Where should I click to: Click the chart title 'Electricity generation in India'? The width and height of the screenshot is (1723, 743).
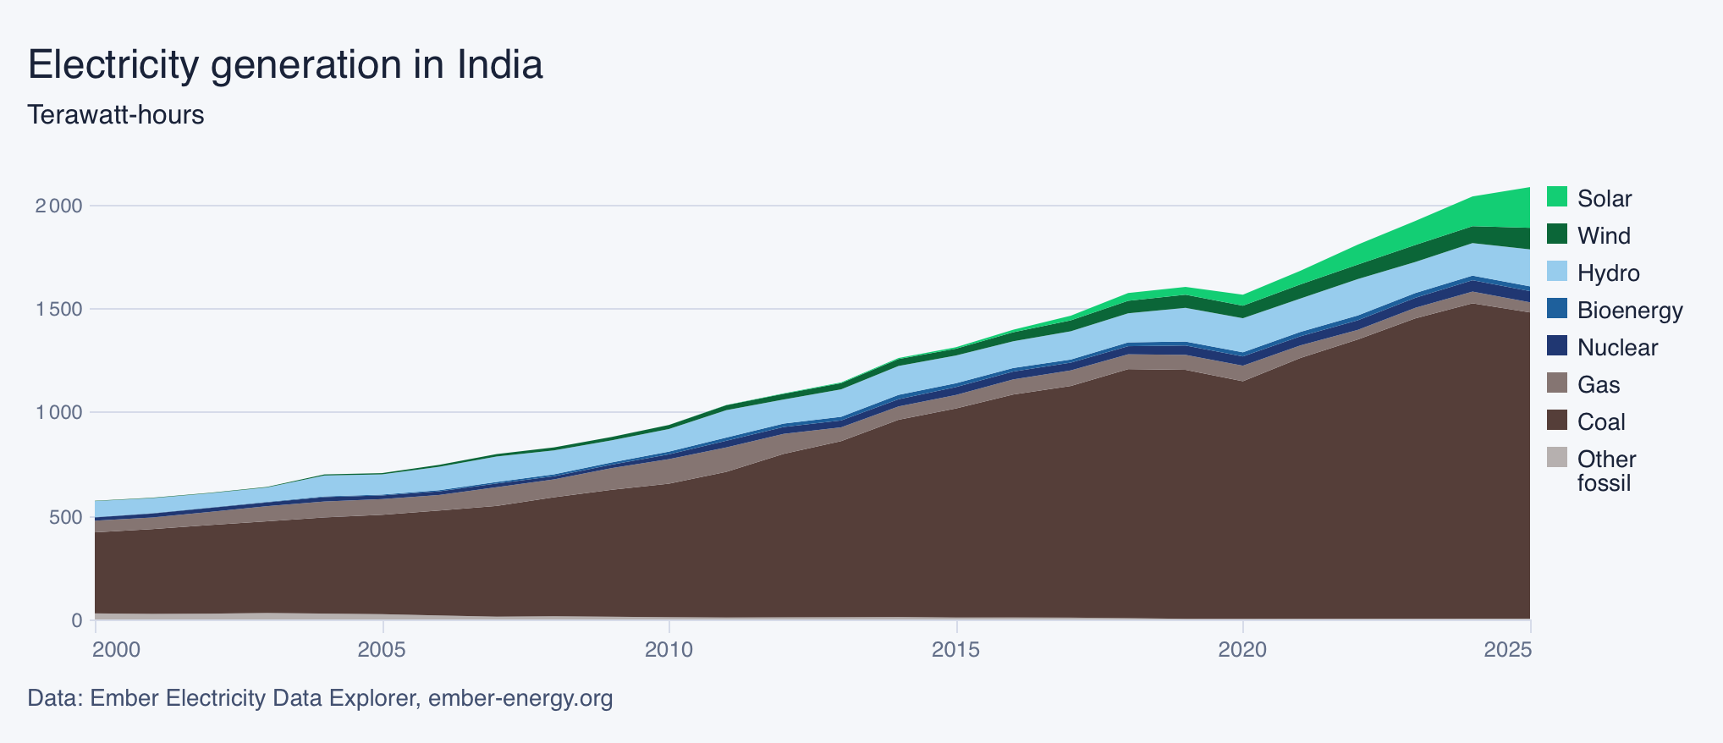[285, 65]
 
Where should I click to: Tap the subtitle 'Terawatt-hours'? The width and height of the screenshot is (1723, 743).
[116, 115]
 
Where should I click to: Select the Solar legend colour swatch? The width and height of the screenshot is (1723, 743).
[1557, 197]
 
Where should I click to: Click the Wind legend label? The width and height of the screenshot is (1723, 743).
[1604, 235]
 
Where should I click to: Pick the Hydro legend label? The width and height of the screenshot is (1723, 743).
[1608, 272]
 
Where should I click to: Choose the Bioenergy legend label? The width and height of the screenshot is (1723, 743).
[1630, 310]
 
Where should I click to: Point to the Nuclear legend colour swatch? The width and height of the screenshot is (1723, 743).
[1557, 346]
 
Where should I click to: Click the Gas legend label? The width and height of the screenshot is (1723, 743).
[1599, 384]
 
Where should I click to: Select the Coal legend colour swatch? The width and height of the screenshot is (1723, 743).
[1557, 421]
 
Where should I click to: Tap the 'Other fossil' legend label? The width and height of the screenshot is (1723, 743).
[1606, 471]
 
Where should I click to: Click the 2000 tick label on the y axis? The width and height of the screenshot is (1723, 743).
[58, 206]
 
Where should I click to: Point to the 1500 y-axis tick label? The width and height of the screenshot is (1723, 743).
[58, 310]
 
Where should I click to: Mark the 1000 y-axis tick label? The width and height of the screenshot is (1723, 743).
[58, 413]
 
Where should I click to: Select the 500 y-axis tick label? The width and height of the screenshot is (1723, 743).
[66, 517]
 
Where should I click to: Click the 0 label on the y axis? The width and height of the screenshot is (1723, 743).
[77, 620]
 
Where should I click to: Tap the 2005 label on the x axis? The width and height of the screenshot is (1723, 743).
[383, 650]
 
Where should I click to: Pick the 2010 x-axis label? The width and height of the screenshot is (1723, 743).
[669, 650]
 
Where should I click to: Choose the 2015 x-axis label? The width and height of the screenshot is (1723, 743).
[956, 650]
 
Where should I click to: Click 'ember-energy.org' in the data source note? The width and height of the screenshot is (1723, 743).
[520, 699]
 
